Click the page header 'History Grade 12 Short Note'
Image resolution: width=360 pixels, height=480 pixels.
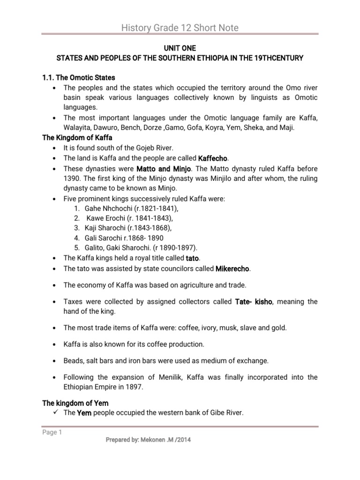coord(180,28)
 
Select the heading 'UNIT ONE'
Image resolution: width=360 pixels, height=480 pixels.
coord(180,48)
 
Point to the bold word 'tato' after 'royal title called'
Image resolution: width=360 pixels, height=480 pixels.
coord(193,258)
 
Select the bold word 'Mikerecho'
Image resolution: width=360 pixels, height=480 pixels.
coord(232,269)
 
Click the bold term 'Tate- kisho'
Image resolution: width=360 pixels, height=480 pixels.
coord(253,301)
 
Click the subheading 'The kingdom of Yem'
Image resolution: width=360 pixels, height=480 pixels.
coord(75,403)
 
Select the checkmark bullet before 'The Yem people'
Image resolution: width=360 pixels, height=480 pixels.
coord(56,412)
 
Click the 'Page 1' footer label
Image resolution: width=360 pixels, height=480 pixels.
coord(52,433)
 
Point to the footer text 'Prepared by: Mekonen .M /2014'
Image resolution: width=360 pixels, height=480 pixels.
coord(149,440)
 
